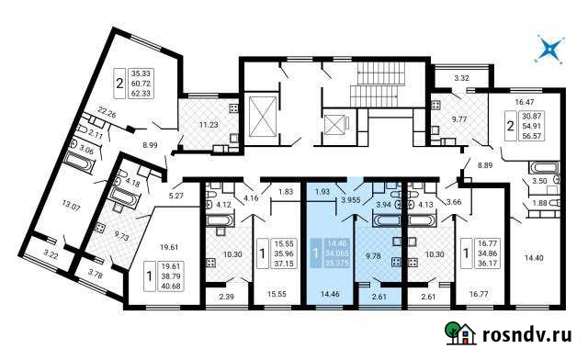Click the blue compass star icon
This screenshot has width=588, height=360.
549,49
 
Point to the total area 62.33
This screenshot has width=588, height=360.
144,94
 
